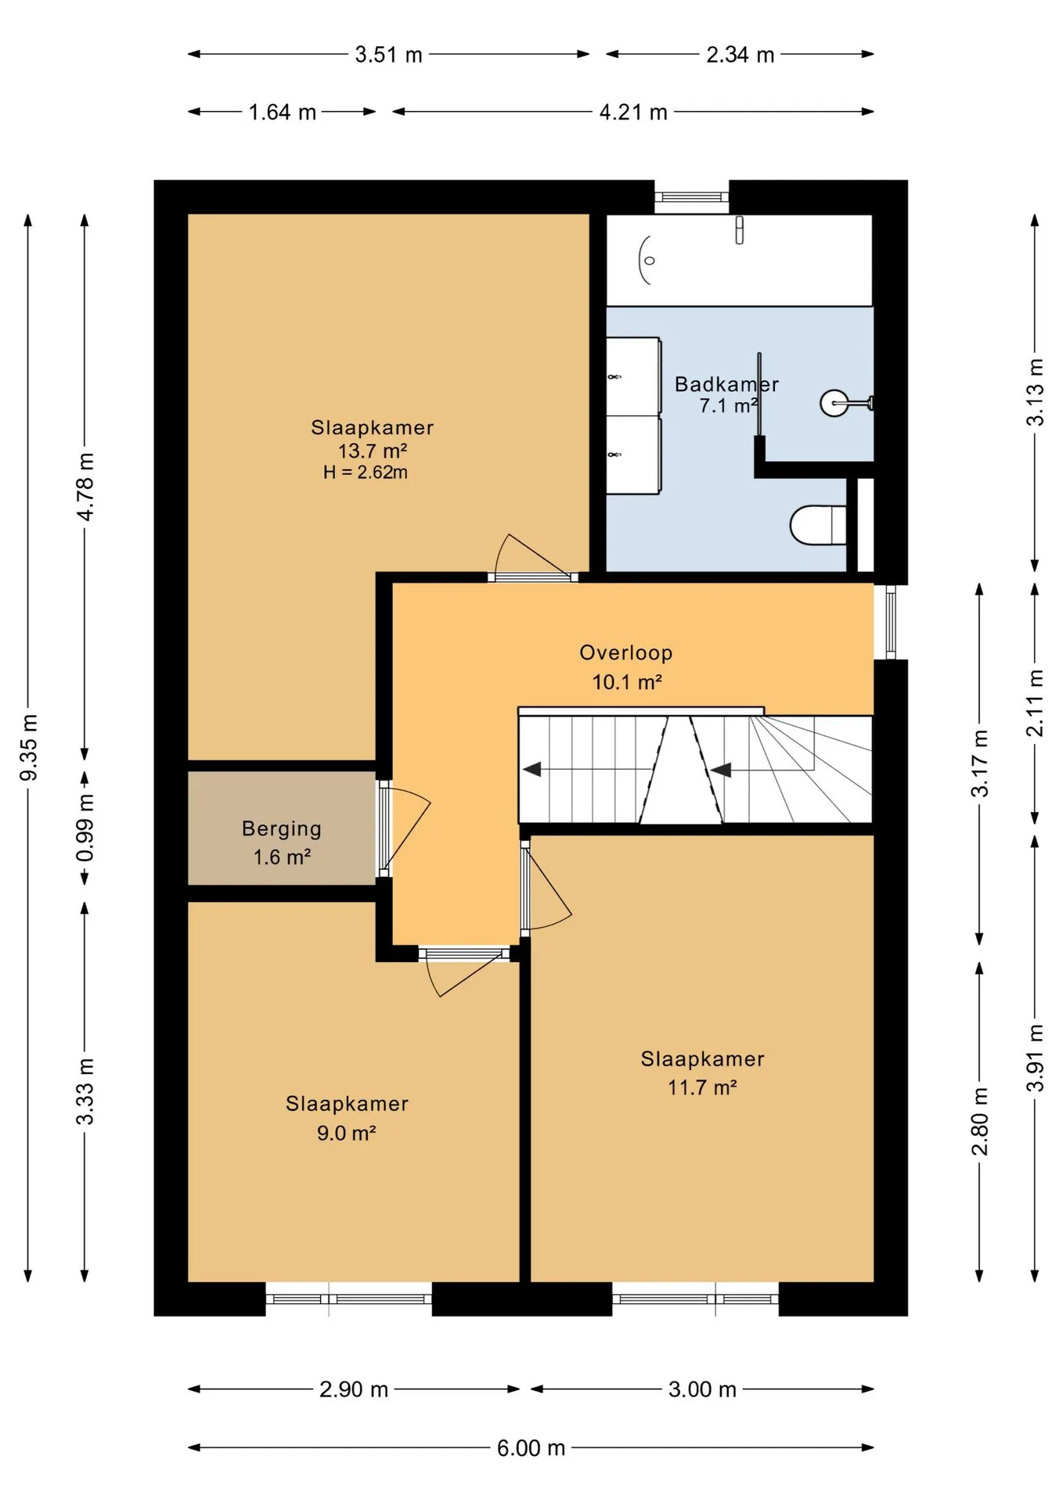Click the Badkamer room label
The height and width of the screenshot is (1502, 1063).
click(x=726, y=384)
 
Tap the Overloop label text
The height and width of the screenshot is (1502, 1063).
click(x=626, y=652)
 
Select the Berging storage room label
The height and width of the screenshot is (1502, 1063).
click(x=282, y=828)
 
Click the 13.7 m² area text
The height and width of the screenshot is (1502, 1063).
click(x=373, y=451)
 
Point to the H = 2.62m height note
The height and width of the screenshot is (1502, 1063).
click(x=366, y=472)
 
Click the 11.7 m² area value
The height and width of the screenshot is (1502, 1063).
click(x=702, y=1087)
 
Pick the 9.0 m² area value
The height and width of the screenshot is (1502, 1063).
click(x=347, y=1133)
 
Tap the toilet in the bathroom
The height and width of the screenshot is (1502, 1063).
click(x=818, y=524)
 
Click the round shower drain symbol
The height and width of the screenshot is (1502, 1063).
click(x=834, y=403)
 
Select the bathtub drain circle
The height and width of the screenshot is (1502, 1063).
click(x=649, y=261)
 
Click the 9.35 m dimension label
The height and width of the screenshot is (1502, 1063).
click(x=28, y=747)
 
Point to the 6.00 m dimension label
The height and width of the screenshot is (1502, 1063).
click(x=531, y=1448)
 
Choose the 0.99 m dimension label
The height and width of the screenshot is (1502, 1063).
click(x=85, y=828)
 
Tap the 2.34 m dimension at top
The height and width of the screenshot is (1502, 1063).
click(x=740, y=55)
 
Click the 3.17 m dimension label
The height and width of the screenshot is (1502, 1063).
click(x=979, y=763)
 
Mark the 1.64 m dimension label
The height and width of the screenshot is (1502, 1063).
click(x=283, y=113)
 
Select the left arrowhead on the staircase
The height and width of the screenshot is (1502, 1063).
click(x=532, y=769)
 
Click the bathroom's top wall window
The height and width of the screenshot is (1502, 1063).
click(x=691, y=197)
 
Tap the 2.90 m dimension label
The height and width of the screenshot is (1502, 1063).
click(x=354, y=1389)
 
